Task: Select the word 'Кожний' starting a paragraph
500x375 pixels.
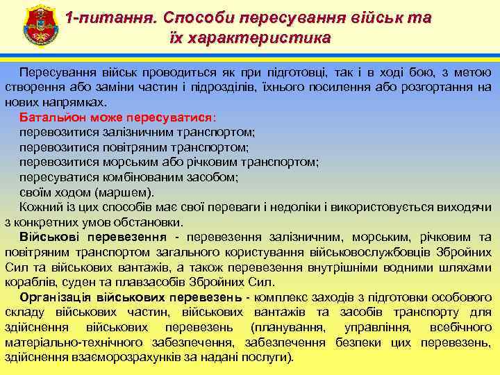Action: pyautogui.click(x=38, y=208)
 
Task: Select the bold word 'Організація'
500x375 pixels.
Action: pyautogui.click(x=55, y=297)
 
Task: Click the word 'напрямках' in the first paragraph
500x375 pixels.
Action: pyautogui.click(x=63, y=101)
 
